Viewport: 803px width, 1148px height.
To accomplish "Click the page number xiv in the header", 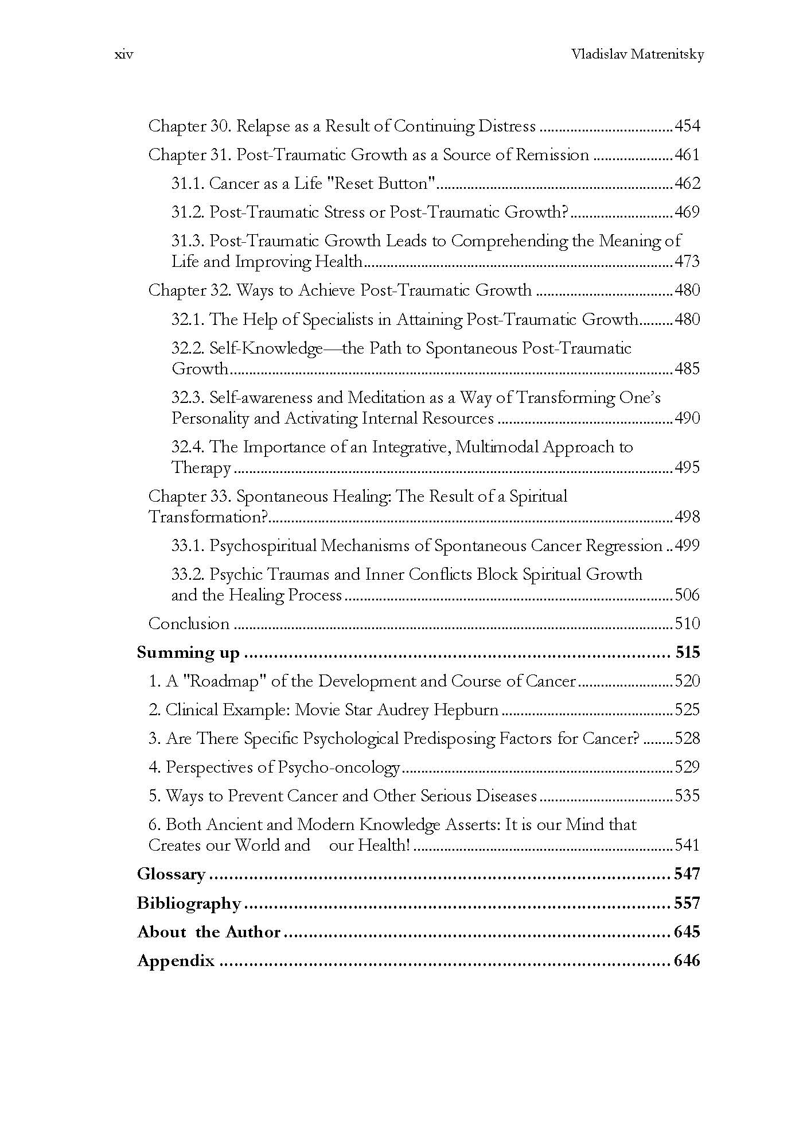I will coord(124,55).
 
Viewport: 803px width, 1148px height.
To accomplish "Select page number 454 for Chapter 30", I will coord(687,126).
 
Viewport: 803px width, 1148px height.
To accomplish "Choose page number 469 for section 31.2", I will coord(687,212).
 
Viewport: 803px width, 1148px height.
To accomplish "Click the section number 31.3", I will coord(188,241).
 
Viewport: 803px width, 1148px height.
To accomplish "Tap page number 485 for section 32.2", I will coord(687,369).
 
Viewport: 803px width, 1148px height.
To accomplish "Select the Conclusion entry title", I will coord(189,623).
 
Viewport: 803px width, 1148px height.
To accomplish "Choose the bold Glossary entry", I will coord(171,874).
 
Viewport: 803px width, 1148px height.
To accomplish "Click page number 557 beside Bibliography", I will coord(687,903).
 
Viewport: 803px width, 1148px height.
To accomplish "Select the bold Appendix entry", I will coord(176,960).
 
